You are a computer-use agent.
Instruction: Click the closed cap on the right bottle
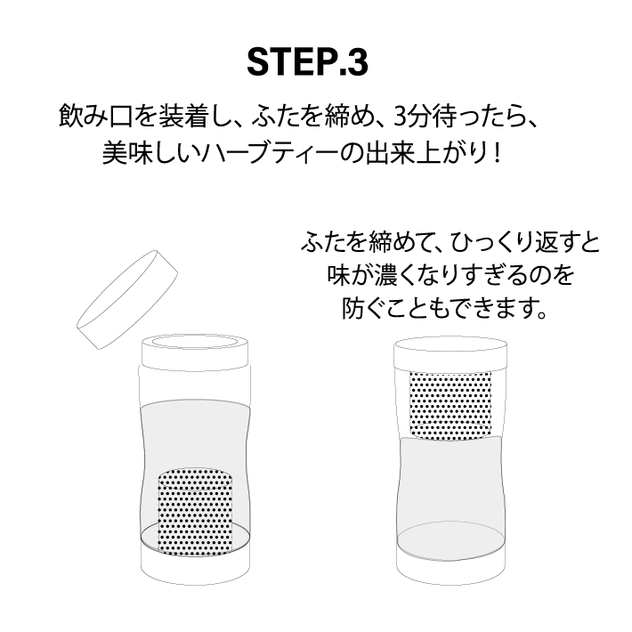point(450,354)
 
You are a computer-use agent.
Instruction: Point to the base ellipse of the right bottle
point(450,539)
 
